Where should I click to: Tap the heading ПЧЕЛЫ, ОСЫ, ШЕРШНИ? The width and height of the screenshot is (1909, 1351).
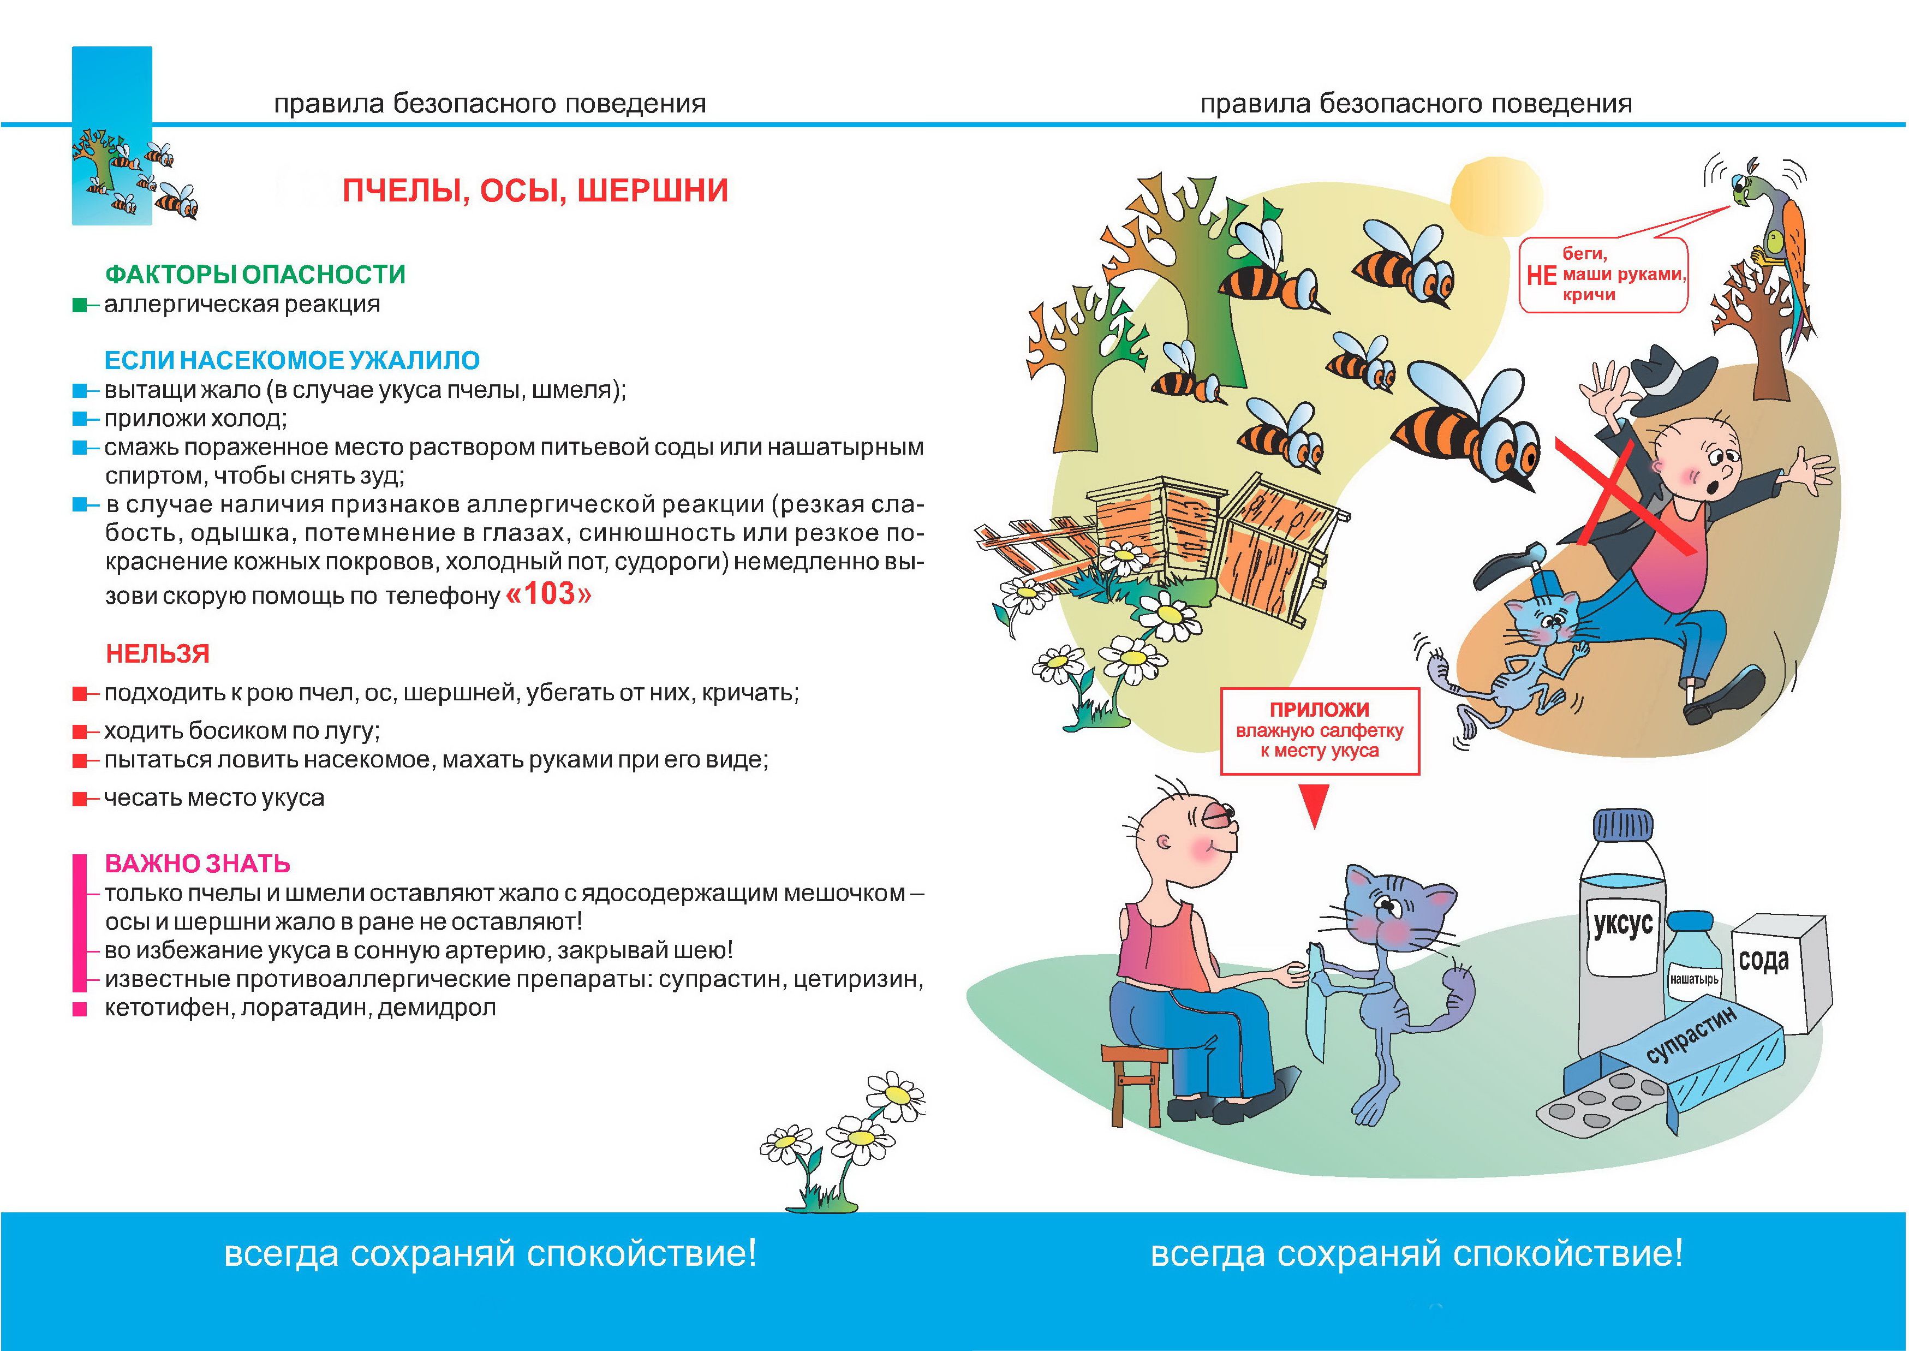tap(535, 191)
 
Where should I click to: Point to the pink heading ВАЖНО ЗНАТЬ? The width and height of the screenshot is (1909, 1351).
tap(197, 864)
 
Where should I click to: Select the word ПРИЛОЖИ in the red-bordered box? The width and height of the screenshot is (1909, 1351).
tap(1319, 710)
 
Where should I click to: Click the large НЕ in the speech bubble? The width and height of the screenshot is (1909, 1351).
tap(1541, 275)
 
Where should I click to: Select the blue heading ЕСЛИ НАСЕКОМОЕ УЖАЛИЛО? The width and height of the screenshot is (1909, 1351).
tap(291, 360)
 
